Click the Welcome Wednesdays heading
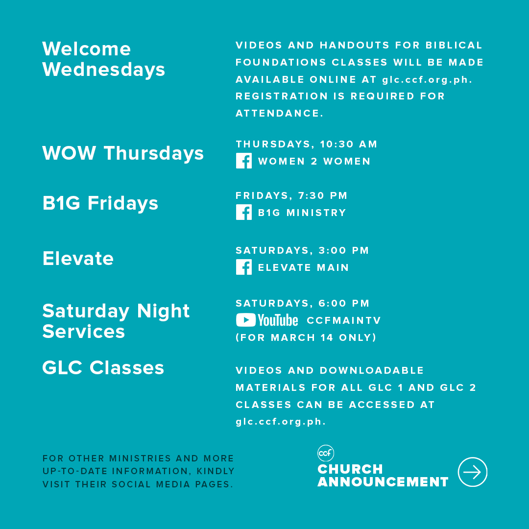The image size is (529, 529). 103,59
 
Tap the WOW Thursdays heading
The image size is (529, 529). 123,153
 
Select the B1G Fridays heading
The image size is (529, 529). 100,203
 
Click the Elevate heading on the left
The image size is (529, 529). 78,259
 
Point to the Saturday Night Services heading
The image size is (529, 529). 116,321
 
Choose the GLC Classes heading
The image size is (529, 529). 103,367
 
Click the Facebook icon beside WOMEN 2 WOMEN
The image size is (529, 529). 244,161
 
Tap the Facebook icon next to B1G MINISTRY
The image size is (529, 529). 244,212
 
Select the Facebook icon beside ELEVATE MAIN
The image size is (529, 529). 244,267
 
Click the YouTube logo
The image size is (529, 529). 267,320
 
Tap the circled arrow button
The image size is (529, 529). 472,472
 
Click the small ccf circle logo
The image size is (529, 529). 326,453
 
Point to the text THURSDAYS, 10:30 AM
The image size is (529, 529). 306,144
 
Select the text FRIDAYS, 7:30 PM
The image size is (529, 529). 291,195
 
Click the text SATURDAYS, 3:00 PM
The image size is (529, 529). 302,250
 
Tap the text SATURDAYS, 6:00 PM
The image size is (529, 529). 303,303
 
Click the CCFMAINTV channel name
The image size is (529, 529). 344,320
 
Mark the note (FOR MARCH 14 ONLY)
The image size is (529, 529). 306,337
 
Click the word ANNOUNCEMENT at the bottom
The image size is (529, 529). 383,482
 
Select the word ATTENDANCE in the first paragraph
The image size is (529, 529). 279,113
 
